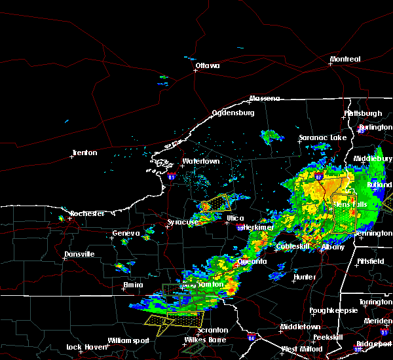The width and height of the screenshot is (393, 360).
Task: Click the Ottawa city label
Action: tap(207, 65)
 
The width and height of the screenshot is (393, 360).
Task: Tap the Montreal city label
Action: tap(345, 60)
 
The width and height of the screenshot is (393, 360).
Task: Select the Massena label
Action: tap(264, 99)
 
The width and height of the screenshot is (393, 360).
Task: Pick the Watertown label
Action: tap(200, 161)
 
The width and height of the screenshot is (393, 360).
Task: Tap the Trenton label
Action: tap(84, 153)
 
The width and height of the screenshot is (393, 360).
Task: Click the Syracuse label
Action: tap(183, 223)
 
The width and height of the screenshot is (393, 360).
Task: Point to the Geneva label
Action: tap(126, 234)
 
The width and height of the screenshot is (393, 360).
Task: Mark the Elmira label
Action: tap(133, 285)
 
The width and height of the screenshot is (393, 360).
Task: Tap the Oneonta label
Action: tap(252, 261)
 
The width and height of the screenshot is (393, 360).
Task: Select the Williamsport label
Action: tap(129, 341)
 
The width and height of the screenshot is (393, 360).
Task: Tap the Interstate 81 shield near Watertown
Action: tap(172, 177)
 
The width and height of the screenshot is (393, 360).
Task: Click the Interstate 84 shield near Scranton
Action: tap(252, 338)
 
